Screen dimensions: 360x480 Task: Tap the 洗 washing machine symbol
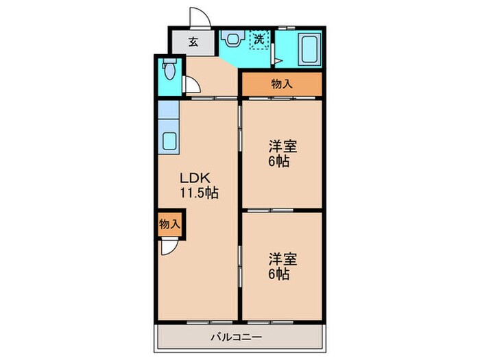pos(259,39)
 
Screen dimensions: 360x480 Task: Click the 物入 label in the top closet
pos(281,85)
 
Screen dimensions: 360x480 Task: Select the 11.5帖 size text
pos(199,193)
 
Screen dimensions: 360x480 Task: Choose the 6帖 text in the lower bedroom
pos(278,274)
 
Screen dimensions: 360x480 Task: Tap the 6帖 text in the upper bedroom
pos(278,162)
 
